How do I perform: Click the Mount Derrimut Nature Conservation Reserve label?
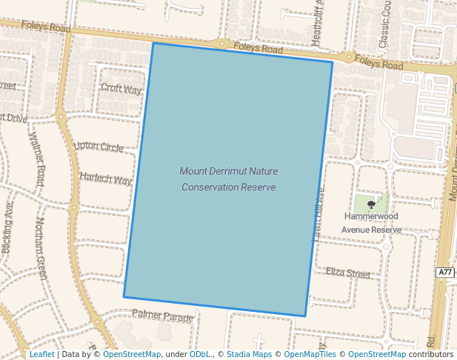(228, 179)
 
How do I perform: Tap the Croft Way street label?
(121, 89)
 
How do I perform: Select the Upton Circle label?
(99, 147)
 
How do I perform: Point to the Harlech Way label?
(105, 179)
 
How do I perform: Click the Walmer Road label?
(36, 159)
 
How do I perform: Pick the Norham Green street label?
(41, 247)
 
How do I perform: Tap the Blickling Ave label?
(8, 228)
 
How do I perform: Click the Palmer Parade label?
(162, 316)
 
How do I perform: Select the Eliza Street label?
(347, 273)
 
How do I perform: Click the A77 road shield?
(444, 273)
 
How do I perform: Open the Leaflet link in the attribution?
(41, 354)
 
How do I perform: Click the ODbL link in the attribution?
(200, 354)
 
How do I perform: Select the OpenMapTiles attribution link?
(311, 354)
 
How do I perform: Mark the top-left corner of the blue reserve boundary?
(153, 43)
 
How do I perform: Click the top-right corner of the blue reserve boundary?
(332, 62)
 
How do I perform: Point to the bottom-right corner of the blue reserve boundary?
(305, 316)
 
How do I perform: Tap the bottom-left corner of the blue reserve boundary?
(124, 297)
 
